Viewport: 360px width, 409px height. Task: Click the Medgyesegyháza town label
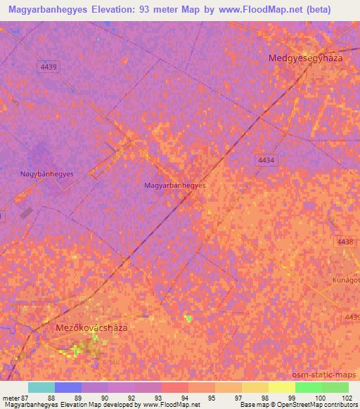pos(305,58)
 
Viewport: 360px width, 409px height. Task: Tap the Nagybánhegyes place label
pos(47,174)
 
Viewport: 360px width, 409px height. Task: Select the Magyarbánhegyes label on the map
pos(174,186)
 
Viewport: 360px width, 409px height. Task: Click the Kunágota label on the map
pos(346,280)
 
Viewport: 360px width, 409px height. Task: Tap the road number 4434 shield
pos(266,160)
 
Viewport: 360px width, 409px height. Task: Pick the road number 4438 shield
pos(345,242)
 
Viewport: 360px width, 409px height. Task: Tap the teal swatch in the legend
pos(41,387)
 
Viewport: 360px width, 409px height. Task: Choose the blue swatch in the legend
pos(68,387)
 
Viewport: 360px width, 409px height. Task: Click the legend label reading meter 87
pos(15,397)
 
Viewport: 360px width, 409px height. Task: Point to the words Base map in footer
pos(254,404)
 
